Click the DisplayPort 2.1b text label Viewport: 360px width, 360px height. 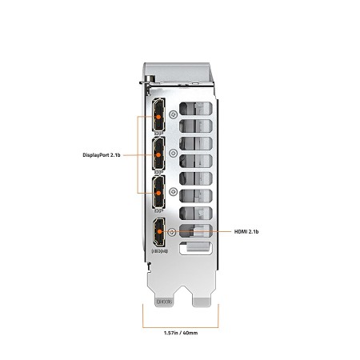pyautogui.click(x=102, y=155)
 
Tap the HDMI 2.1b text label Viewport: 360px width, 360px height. pyautogui.click(x=246, y=231)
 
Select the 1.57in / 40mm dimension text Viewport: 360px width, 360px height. pyautogui.click(x=181, y=333)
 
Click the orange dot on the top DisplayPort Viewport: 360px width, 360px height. pyautogui.click(x=158, y=117)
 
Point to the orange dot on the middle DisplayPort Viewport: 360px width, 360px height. pyautogui.click(x=158, y=154)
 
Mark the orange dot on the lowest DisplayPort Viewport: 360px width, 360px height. pyautogui.click(x=158, y=193)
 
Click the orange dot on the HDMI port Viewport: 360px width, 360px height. pyautogui.click(x=159, y=231)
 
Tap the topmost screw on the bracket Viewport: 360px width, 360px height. pyautogui.click(x=174, y=114)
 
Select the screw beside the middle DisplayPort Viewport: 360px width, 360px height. pyautogui.click(x=174, y=153)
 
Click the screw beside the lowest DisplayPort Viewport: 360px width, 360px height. pyautogui.click(x=174, y=191)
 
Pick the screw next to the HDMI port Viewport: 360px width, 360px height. pyautogui.click(x=173, y=232)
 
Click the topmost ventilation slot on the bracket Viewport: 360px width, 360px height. pyautogui.click(x=196, y=109)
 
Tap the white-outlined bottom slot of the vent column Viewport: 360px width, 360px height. pyautogui.click(x=196, y=248)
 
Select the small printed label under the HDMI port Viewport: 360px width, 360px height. pyautogui.click(x=160, y=251)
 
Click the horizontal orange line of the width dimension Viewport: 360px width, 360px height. pyautogui.click(x=181, y=327)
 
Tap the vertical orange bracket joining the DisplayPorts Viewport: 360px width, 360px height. pyautogui.click(x=138, y=154)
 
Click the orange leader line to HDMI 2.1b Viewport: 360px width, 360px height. pyautogui.click(x=197, y=231)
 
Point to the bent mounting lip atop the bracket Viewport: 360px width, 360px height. pyautogui.click(x=178, y=74)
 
